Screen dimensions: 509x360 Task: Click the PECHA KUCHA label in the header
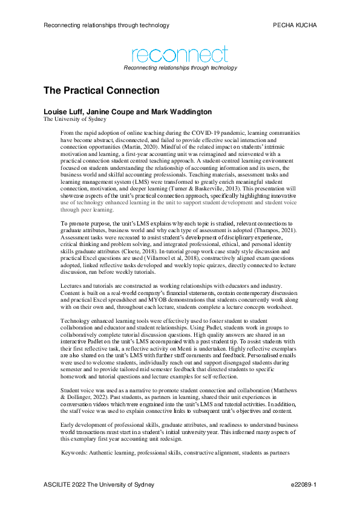point(295,25)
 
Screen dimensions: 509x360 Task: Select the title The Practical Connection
point(101,91)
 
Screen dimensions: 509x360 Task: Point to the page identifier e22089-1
point(304,485)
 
